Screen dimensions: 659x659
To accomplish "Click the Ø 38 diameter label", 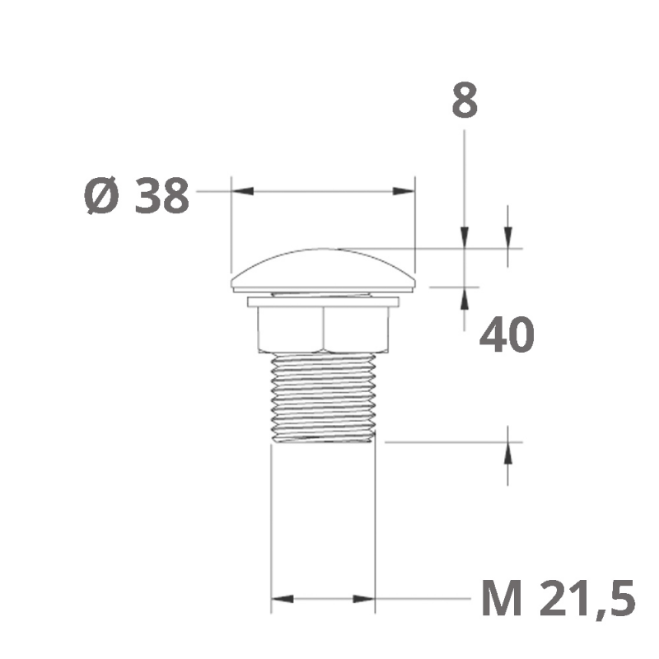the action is pyautogui.click(x=137, y=196).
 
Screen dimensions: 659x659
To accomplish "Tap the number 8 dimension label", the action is pyautogui.click(x=465, y=100).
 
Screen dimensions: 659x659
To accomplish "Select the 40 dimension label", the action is pyautogui.click(x=507, y=335).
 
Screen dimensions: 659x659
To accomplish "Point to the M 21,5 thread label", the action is pyautogui.click(x=559, y=598).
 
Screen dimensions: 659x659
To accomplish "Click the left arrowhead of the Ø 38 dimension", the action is pyautogui.click(x=243, y=191).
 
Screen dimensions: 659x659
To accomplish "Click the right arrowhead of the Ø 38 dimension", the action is pyautogui.click(x=403, y=191).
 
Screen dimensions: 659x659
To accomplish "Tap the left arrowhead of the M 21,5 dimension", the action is pyautogui.click(x=283, y=599).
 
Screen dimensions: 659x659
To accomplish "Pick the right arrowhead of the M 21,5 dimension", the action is pyautogui.click(x=363, y=599).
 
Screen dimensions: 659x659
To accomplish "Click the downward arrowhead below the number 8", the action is pyautogui.click(x=465, y=237).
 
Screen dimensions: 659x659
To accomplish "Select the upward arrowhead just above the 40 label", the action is pyautogui.click(x=465, y=298).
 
